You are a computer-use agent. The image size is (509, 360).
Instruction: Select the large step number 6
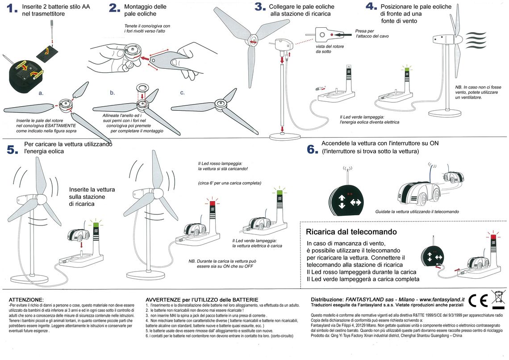coord(312,149)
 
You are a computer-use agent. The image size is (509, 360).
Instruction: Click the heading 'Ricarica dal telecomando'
coord(351,232)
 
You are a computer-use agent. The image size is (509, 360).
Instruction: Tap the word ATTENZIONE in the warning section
coord(26,299)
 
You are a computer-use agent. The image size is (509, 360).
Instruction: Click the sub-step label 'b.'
coord(113,93)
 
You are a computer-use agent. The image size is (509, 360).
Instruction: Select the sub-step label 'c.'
coord(182,93)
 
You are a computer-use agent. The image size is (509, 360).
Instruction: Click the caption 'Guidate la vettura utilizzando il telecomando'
coord(417,212)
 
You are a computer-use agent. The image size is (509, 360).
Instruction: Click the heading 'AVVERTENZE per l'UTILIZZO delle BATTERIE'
coord(202,299)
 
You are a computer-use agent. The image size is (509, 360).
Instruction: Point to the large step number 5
coord(13,150)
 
